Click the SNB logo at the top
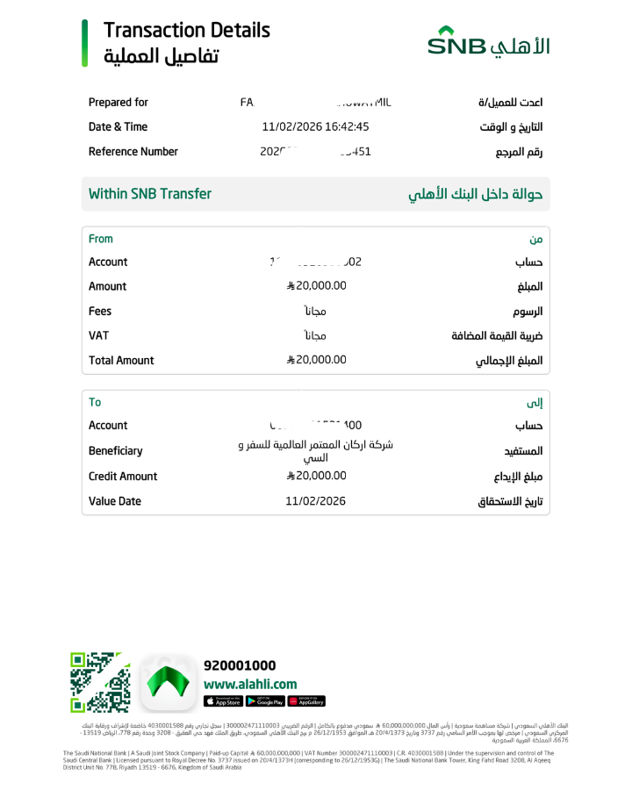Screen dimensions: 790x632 [x=489, y=43]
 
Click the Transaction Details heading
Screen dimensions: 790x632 [x=186, y=30]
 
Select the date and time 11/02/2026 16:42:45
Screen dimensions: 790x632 [x=315, y=126]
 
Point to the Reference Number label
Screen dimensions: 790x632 [x=133, y=152]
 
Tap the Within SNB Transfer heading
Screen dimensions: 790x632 [x=150, y=194]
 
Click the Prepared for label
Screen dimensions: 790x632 [x=118, y=103]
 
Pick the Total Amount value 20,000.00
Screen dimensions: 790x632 [x=317, y=360]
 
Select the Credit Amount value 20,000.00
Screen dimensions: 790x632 [x=317, y=476]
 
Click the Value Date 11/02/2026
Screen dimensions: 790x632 [x=316, y=501]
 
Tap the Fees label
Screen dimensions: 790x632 [x=100, y=311]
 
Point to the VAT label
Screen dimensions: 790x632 [x=98, y=335]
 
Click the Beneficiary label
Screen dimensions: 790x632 [x=115, y=450]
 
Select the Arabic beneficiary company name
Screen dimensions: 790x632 [x=316, y=450]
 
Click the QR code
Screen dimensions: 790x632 [x=100, y=682]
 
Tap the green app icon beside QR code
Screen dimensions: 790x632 [x=168, y=682]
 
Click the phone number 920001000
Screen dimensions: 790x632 [x=240, y=665]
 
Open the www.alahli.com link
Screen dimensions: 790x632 [x=250, y=684]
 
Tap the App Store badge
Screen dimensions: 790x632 [x=223, y=701]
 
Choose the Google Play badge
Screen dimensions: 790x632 [x=264, y=701]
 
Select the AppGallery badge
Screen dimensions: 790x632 [x=306, y=701]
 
